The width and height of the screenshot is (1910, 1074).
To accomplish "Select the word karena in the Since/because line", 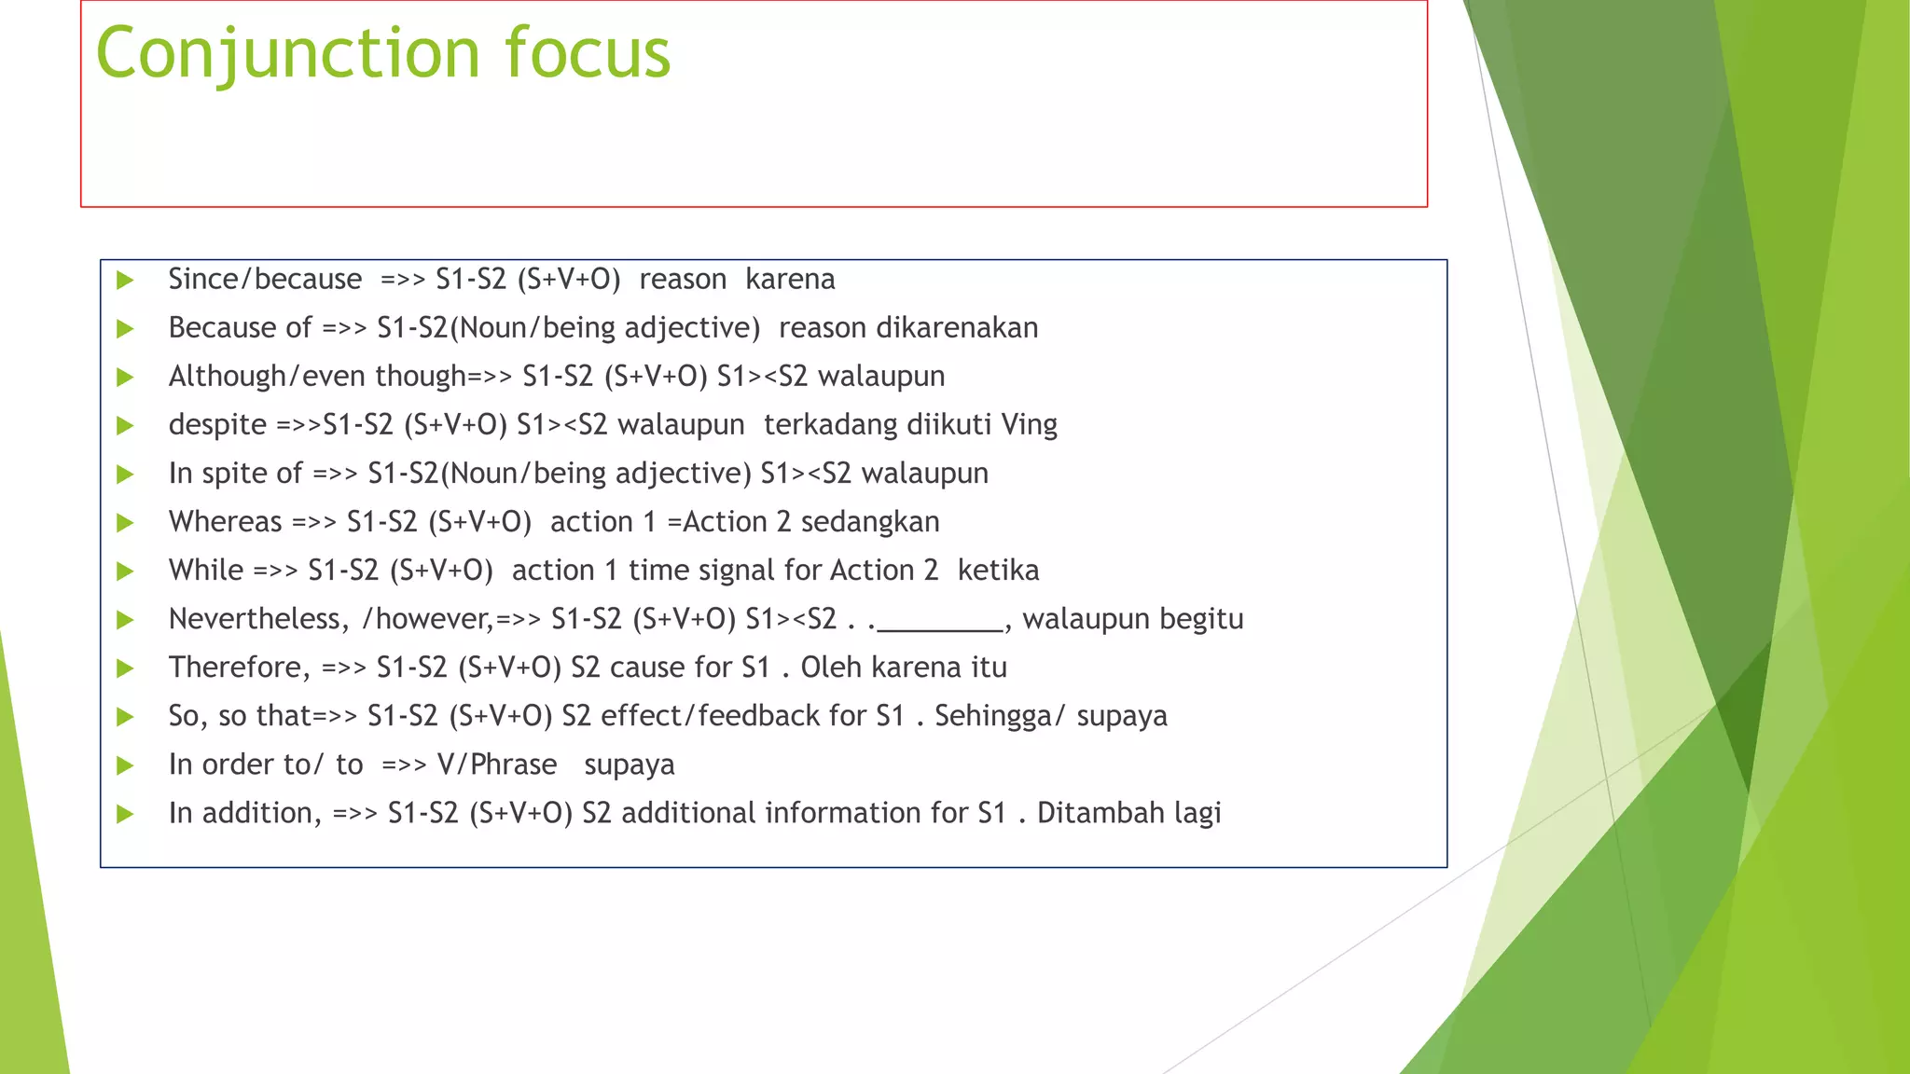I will point(790,279).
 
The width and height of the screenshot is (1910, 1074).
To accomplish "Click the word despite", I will point(217,425).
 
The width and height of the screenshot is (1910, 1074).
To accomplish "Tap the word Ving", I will point(1029,425).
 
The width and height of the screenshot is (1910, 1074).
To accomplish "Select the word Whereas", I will point(225,521).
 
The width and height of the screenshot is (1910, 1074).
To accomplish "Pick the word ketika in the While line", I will point(998,570).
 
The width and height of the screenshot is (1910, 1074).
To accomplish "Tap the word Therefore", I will point(239,667).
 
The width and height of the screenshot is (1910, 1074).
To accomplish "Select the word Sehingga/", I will point(1000,716).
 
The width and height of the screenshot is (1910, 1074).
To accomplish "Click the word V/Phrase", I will point(497,764).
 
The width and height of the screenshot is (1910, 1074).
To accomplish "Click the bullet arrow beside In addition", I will point(125,814).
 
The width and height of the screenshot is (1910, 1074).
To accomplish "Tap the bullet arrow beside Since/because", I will point(125,280).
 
